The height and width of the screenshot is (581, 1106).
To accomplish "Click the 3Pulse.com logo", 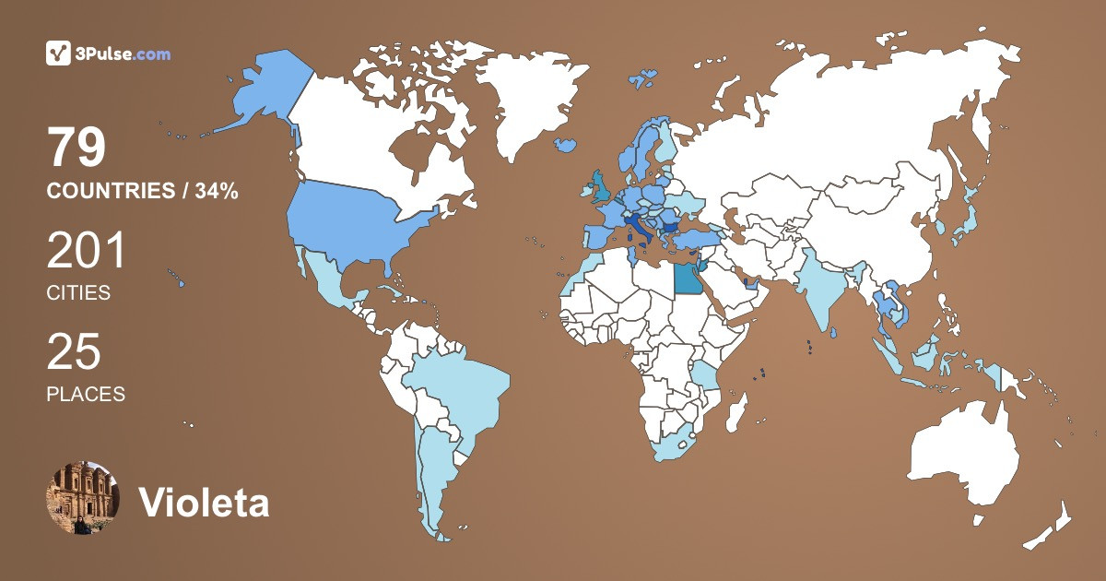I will point(108,53).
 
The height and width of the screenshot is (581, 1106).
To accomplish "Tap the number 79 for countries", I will point(77,148).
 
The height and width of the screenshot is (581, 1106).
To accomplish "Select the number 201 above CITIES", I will point(86,251).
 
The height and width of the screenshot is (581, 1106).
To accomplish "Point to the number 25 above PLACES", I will point(74,352).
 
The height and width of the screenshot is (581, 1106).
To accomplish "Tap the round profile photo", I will point(83,498).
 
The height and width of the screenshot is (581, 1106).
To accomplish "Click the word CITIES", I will point(78,293).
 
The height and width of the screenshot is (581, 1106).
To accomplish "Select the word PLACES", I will point(86,394).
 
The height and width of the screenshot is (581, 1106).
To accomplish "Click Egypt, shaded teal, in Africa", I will point(686,277).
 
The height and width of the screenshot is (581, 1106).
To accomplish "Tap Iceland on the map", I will point(567,145).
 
